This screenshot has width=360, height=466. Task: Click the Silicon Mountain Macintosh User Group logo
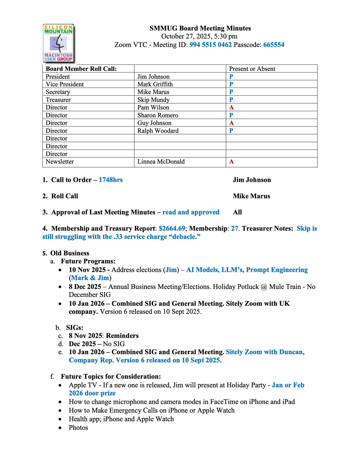(59, 43)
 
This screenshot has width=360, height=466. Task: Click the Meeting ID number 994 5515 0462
(210, 45)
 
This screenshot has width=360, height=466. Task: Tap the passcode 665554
(274, 45)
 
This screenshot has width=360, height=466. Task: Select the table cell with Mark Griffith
(155, 84)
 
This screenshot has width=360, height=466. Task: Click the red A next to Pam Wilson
(231, 108)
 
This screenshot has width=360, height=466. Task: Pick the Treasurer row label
(58, 100)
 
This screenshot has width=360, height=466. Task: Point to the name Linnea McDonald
(161, 162)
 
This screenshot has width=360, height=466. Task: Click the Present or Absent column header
(252, 69)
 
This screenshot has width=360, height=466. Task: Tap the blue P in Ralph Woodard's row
(231, 131)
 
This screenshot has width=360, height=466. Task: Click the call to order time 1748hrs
(111, 180)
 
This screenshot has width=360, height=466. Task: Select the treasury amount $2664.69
(172, 229)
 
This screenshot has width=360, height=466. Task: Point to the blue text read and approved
(191, 212)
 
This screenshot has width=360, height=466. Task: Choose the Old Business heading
(70, 253)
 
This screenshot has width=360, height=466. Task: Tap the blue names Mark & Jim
(90, 278)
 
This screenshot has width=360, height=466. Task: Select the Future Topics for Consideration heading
(111, 376)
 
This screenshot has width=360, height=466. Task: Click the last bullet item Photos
(78, 428)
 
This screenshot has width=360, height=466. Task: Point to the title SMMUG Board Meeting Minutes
(200, 28)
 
